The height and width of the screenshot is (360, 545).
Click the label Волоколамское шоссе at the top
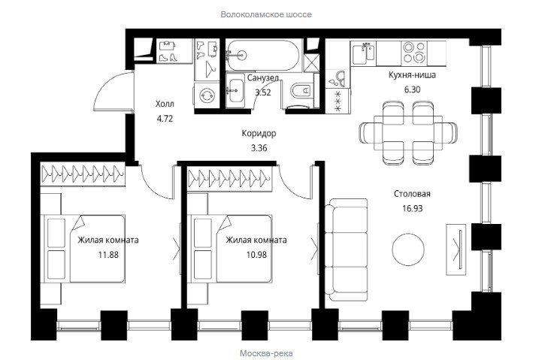pos(266,14)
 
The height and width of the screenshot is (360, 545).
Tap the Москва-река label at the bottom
pos(266,353)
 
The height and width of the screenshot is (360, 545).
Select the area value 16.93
pos(413,208)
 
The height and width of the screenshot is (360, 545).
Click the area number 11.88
pos(108,255)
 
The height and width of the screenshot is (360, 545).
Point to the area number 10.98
pos(256,255)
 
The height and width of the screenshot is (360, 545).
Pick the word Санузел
pos(263,78)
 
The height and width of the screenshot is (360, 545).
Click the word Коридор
pos(259,133)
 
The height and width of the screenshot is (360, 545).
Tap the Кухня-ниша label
pos(412,74)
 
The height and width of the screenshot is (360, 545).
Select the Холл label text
pos(165,104)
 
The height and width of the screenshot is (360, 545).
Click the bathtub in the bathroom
pos(262,55)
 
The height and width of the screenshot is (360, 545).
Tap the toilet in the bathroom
pos(301,92)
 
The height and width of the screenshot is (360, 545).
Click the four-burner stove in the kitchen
pos(414,53)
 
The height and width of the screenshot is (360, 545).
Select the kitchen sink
pos(364,53)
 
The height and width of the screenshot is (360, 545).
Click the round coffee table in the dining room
pos(408,250)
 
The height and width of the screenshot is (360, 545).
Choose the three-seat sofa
pos(347,250)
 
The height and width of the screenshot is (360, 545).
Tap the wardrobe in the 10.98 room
pos(230,177)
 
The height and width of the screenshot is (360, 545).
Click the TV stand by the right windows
pos(456,250)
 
